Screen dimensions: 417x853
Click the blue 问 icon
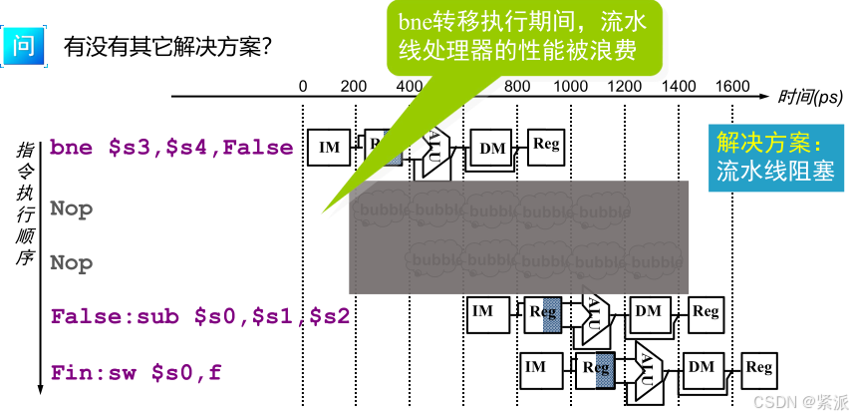pos(23,46)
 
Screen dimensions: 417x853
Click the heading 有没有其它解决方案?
pos(168,47)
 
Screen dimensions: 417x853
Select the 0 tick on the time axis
pos(304,87)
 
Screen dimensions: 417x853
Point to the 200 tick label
pos(354,87)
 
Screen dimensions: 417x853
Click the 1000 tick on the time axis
pos(571,87)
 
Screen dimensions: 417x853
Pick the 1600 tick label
pos(732,87)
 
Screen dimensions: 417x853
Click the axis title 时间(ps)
pos(810,97)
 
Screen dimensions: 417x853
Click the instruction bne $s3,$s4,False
pos(171,148)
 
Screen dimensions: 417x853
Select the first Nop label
pos(72,209)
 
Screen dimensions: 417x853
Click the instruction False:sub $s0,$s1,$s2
pos(200,316)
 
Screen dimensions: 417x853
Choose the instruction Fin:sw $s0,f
pos(137,373)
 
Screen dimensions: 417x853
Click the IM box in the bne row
pos(329,148)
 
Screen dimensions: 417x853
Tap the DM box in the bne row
pos(492,149)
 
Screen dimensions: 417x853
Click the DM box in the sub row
pos(648,312)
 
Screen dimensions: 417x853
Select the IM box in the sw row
pos(536,367)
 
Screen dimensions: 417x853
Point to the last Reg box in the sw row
pos(759,367)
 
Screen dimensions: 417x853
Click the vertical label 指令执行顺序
pos(25,206)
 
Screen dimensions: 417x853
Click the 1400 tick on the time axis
pos(680,87)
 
